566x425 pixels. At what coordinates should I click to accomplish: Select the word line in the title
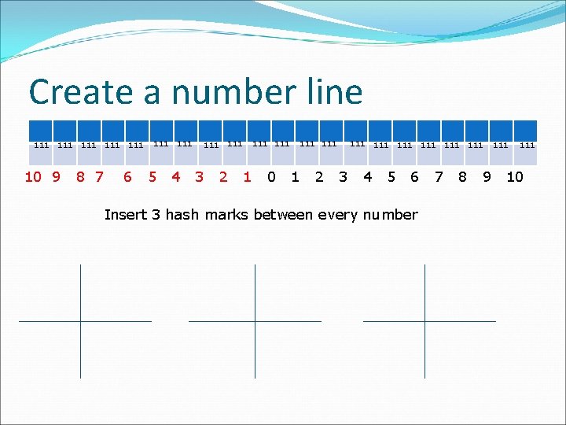click(330, 93)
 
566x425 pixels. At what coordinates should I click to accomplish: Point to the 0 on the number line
click(271, 177)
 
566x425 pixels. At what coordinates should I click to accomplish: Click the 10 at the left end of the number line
click(33, 177)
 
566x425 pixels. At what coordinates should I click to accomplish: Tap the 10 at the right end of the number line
click(514, 177)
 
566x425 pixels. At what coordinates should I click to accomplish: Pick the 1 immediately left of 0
click(247, 177)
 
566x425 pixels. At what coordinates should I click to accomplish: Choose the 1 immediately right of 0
click(295, 177)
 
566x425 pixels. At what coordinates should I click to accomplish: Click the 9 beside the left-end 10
click(56, 177)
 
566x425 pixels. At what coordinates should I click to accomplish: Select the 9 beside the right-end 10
click(487, 177)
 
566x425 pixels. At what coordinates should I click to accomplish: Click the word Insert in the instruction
click(124, 215)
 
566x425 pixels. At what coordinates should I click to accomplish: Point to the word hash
click(182, 215)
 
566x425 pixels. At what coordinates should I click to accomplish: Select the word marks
click(226, 215)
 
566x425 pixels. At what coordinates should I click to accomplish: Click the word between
click(285, 215)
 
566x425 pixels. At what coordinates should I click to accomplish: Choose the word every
click(338, 215)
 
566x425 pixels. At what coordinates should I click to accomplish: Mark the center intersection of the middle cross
click(255, 321)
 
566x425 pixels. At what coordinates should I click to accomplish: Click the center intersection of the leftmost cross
click(80, 321)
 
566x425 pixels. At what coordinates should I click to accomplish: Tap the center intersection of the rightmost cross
click(424, 321)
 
